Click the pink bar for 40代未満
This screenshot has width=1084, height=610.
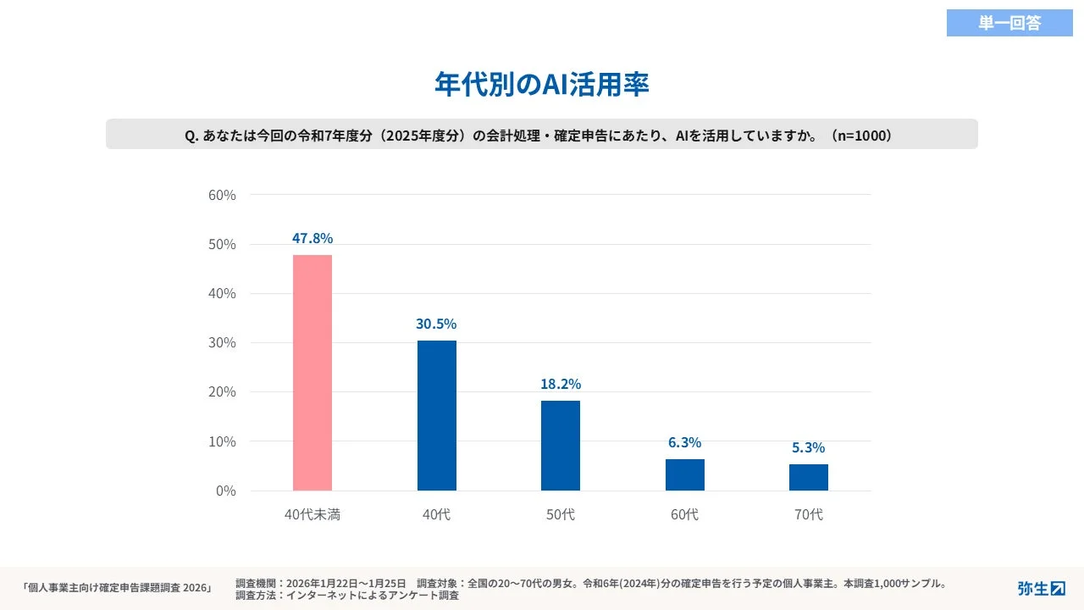click(312, 373)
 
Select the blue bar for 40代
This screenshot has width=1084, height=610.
click(437, 415)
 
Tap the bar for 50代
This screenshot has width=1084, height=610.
click(561, 446)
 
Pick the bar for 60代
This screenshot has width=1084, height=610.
click(685, 474)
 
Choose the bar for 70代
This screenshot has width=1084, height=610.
click(809, 477)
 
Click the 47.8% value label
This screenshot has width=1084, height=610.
click(312, 238)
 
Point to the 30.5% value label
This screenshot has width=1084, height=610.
click(436, 324)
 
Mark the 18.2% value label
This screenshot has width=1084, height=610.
click(561, 384)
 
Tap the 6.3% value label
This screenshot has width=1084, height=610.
click(684, 442)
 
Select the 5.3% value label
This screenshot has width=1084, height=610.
click(809, 447)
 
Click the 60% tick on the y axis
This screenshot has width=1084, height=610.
click(222, 195)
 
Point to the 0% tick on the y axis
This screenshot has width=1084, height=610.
click(226, 491)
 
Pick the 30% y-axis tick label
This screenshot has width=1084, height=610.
click(222, 343)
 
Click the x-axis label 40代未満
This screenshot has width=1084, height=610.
click(312, 514)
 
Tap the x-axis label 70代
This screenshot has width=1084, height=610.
click(809, 514)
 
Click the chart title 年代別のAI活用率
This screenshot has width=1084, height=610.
click(542, 85)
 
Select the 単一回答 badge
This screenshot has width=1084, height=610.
click(1009, 23)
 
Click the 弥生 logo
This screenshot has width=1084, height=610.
click(1041, 588)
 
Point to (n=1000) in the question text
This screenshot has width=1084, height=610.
click(861, 135)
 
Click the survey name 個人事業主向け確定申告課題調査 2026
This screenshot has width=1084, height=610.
click(116, 588)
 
